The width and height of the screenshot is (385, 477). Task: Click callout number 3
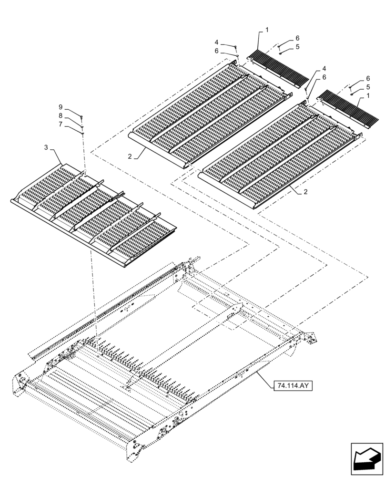tap(46, 148)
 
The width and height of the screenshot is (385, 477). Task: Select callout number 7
tap(61, 124)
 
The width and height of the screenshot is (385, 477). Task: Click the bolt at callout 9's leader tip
tap(82, 116)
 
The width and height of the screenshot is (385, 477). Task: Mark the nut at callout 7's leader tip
tap(83, 133)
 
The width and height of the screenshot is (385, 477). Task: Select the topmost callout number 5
tap(297, 47)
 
